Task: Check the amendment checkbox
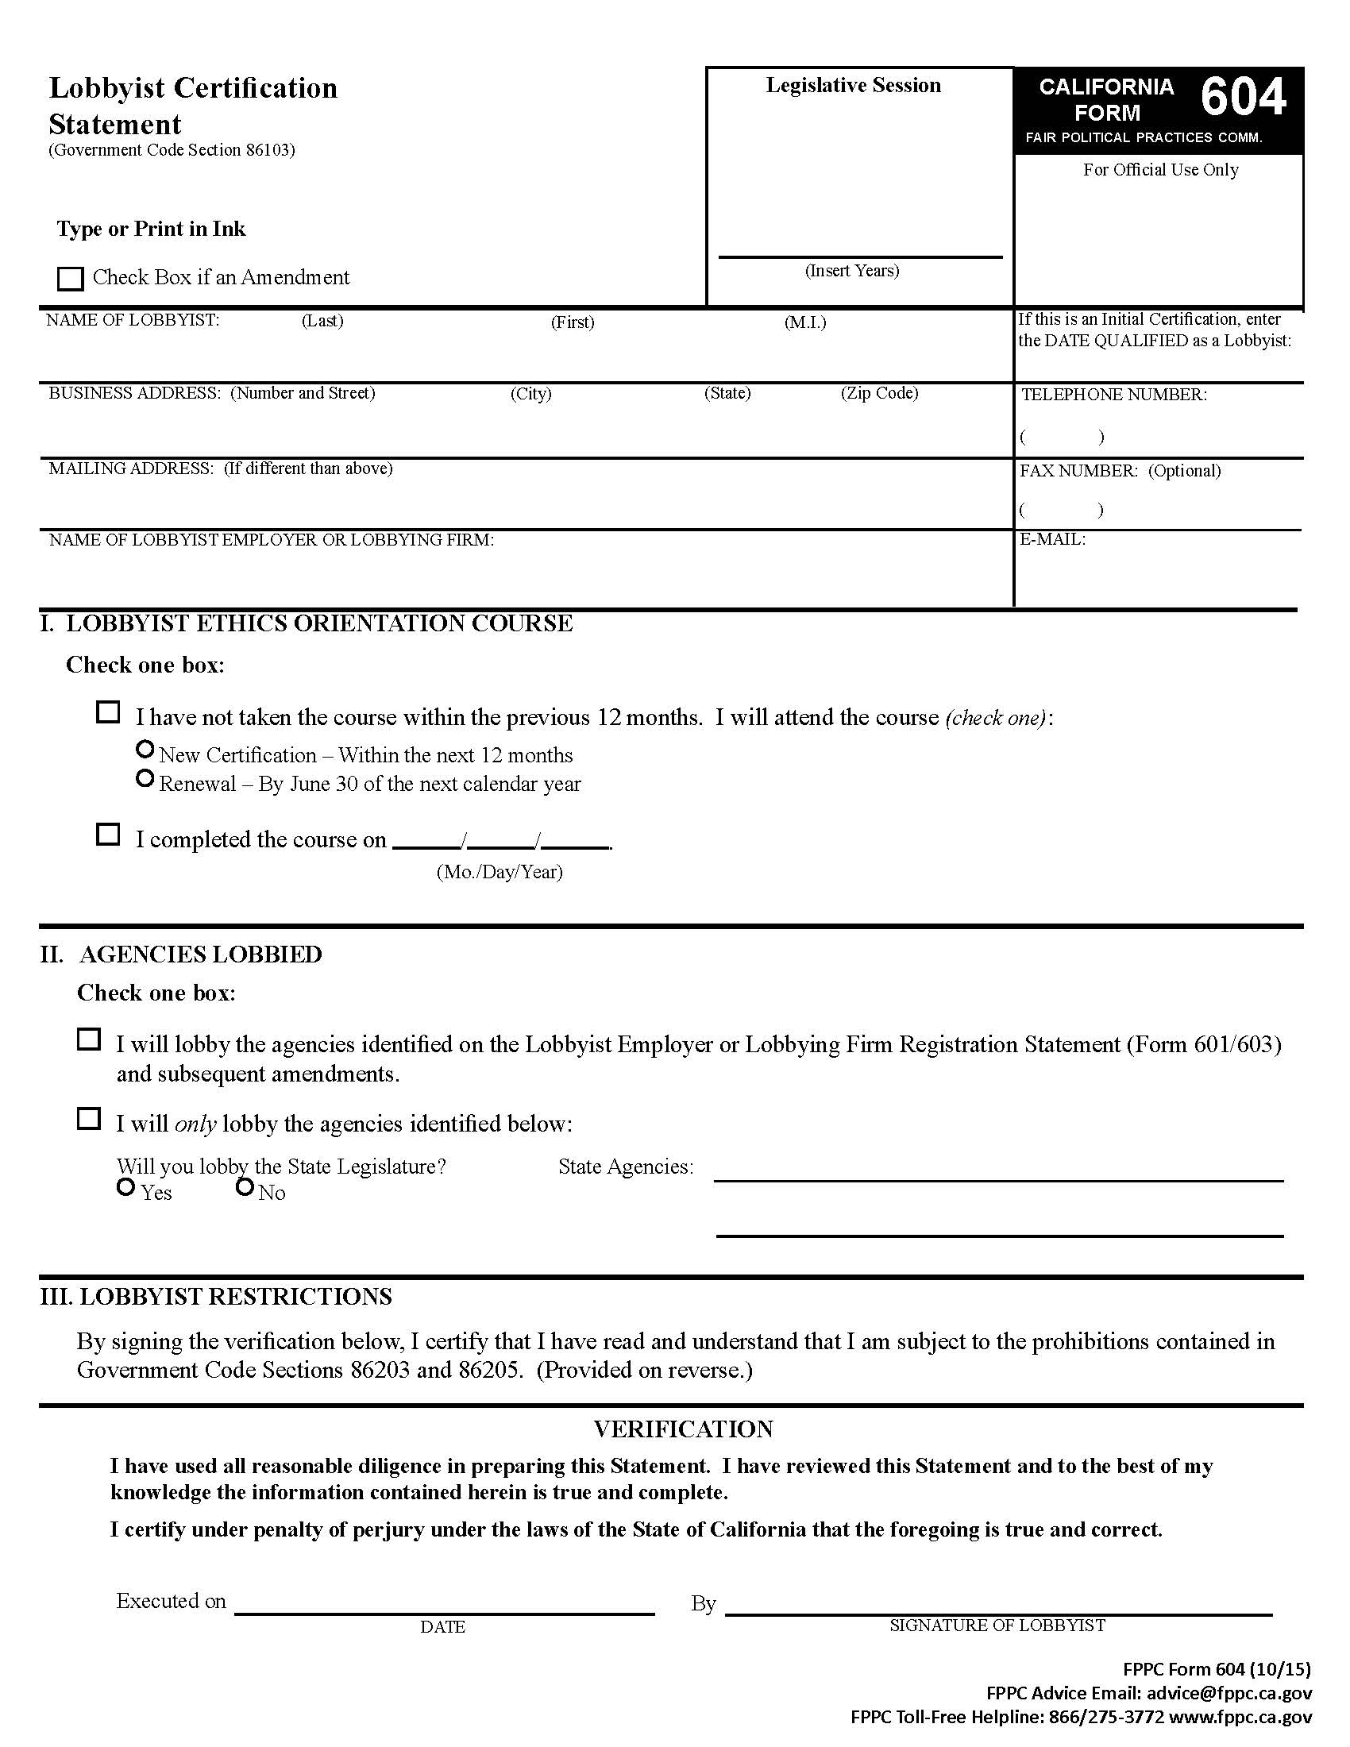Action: pyautogui.click(x=71, y=279)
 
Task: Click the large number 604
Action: pyautogui.click(x=1243, y=98)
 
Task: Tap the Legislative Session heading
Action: pyautogui.click(x=853, y=86)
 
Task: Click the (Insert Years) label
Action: pyautogui.click(x=852, y=271)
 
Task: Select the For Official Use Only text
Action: pyautogui.click(x=1159, y=170)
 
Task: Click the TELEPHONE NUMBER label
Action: pyautogui.click(x=1113, y=395)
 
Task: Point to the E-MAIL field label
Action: pyautogui.click(x=1051, y=540)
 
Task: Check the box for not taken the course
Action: pyautogui.click(x=108, y=713)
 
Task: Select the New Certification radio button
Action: pyautogui.click(x=145, y=750)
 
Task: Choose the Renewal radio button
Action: pyautogui.click(x=145, y=778)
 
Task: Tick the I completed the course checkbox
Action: pyautogui.click(x=108, y=835)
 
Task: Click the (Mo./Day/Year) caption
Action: pyautogui.click(x=499, y=872)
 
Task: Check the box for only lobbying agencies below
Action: pyautogui.click(x=89, y=1119)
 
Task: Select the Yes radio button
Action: pyautogui.click(x=125, y=1188)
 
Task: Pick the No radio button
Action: pyautogui.click(x=245, y=1188)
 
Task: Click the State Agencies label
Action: pyautogui.click(x=626, y=1167)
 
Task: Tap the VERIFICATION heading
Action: pyautogui.click(x=683, y=1429)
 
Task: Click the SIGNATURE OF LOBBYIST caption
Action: pyautogui.click(x=997, y=1626)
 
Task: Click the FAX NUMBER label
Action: pyautogui.click(x=1078, y=471)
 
